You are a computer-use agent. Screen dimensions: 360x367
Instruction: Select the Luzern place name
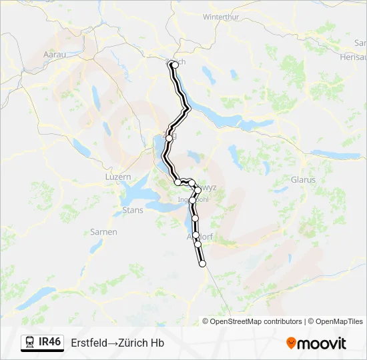118,177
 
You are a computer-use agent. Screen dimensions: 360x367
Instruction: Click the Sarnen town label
104,232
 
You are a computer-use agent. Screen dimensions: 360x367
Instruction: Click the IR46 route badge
50,342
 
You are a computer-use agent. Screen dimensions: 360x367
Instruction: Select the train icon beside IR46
30,343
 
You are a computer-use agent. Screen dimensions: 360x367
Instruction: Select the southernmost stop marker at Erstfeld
203,264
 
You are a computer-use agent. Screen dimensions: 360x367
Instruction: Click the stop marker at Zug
169,138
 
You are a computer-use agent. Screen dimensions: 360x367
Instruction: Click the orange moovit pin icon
291,343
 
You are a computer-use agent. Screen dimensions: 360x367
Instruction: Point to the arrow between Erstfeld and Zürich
114,343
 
